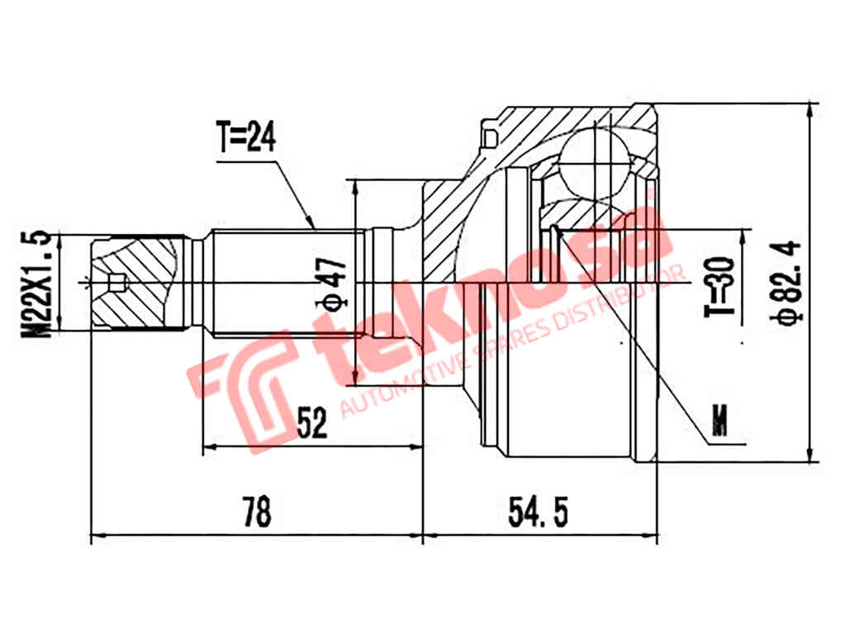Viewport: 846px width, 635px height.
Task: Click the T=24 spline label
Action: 246,138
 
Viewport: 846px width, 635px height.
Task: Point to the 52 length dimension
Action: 311,423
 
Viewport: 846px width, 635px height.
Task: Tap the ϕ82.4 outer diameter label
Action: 789,281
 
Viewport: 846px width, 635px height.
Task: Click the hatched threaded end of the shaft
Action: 136,281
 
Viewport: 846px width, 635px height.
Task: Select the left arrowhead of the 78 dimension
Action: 93,537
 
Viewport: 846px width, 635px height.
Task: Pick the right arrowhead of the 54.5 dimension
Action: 654,537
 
